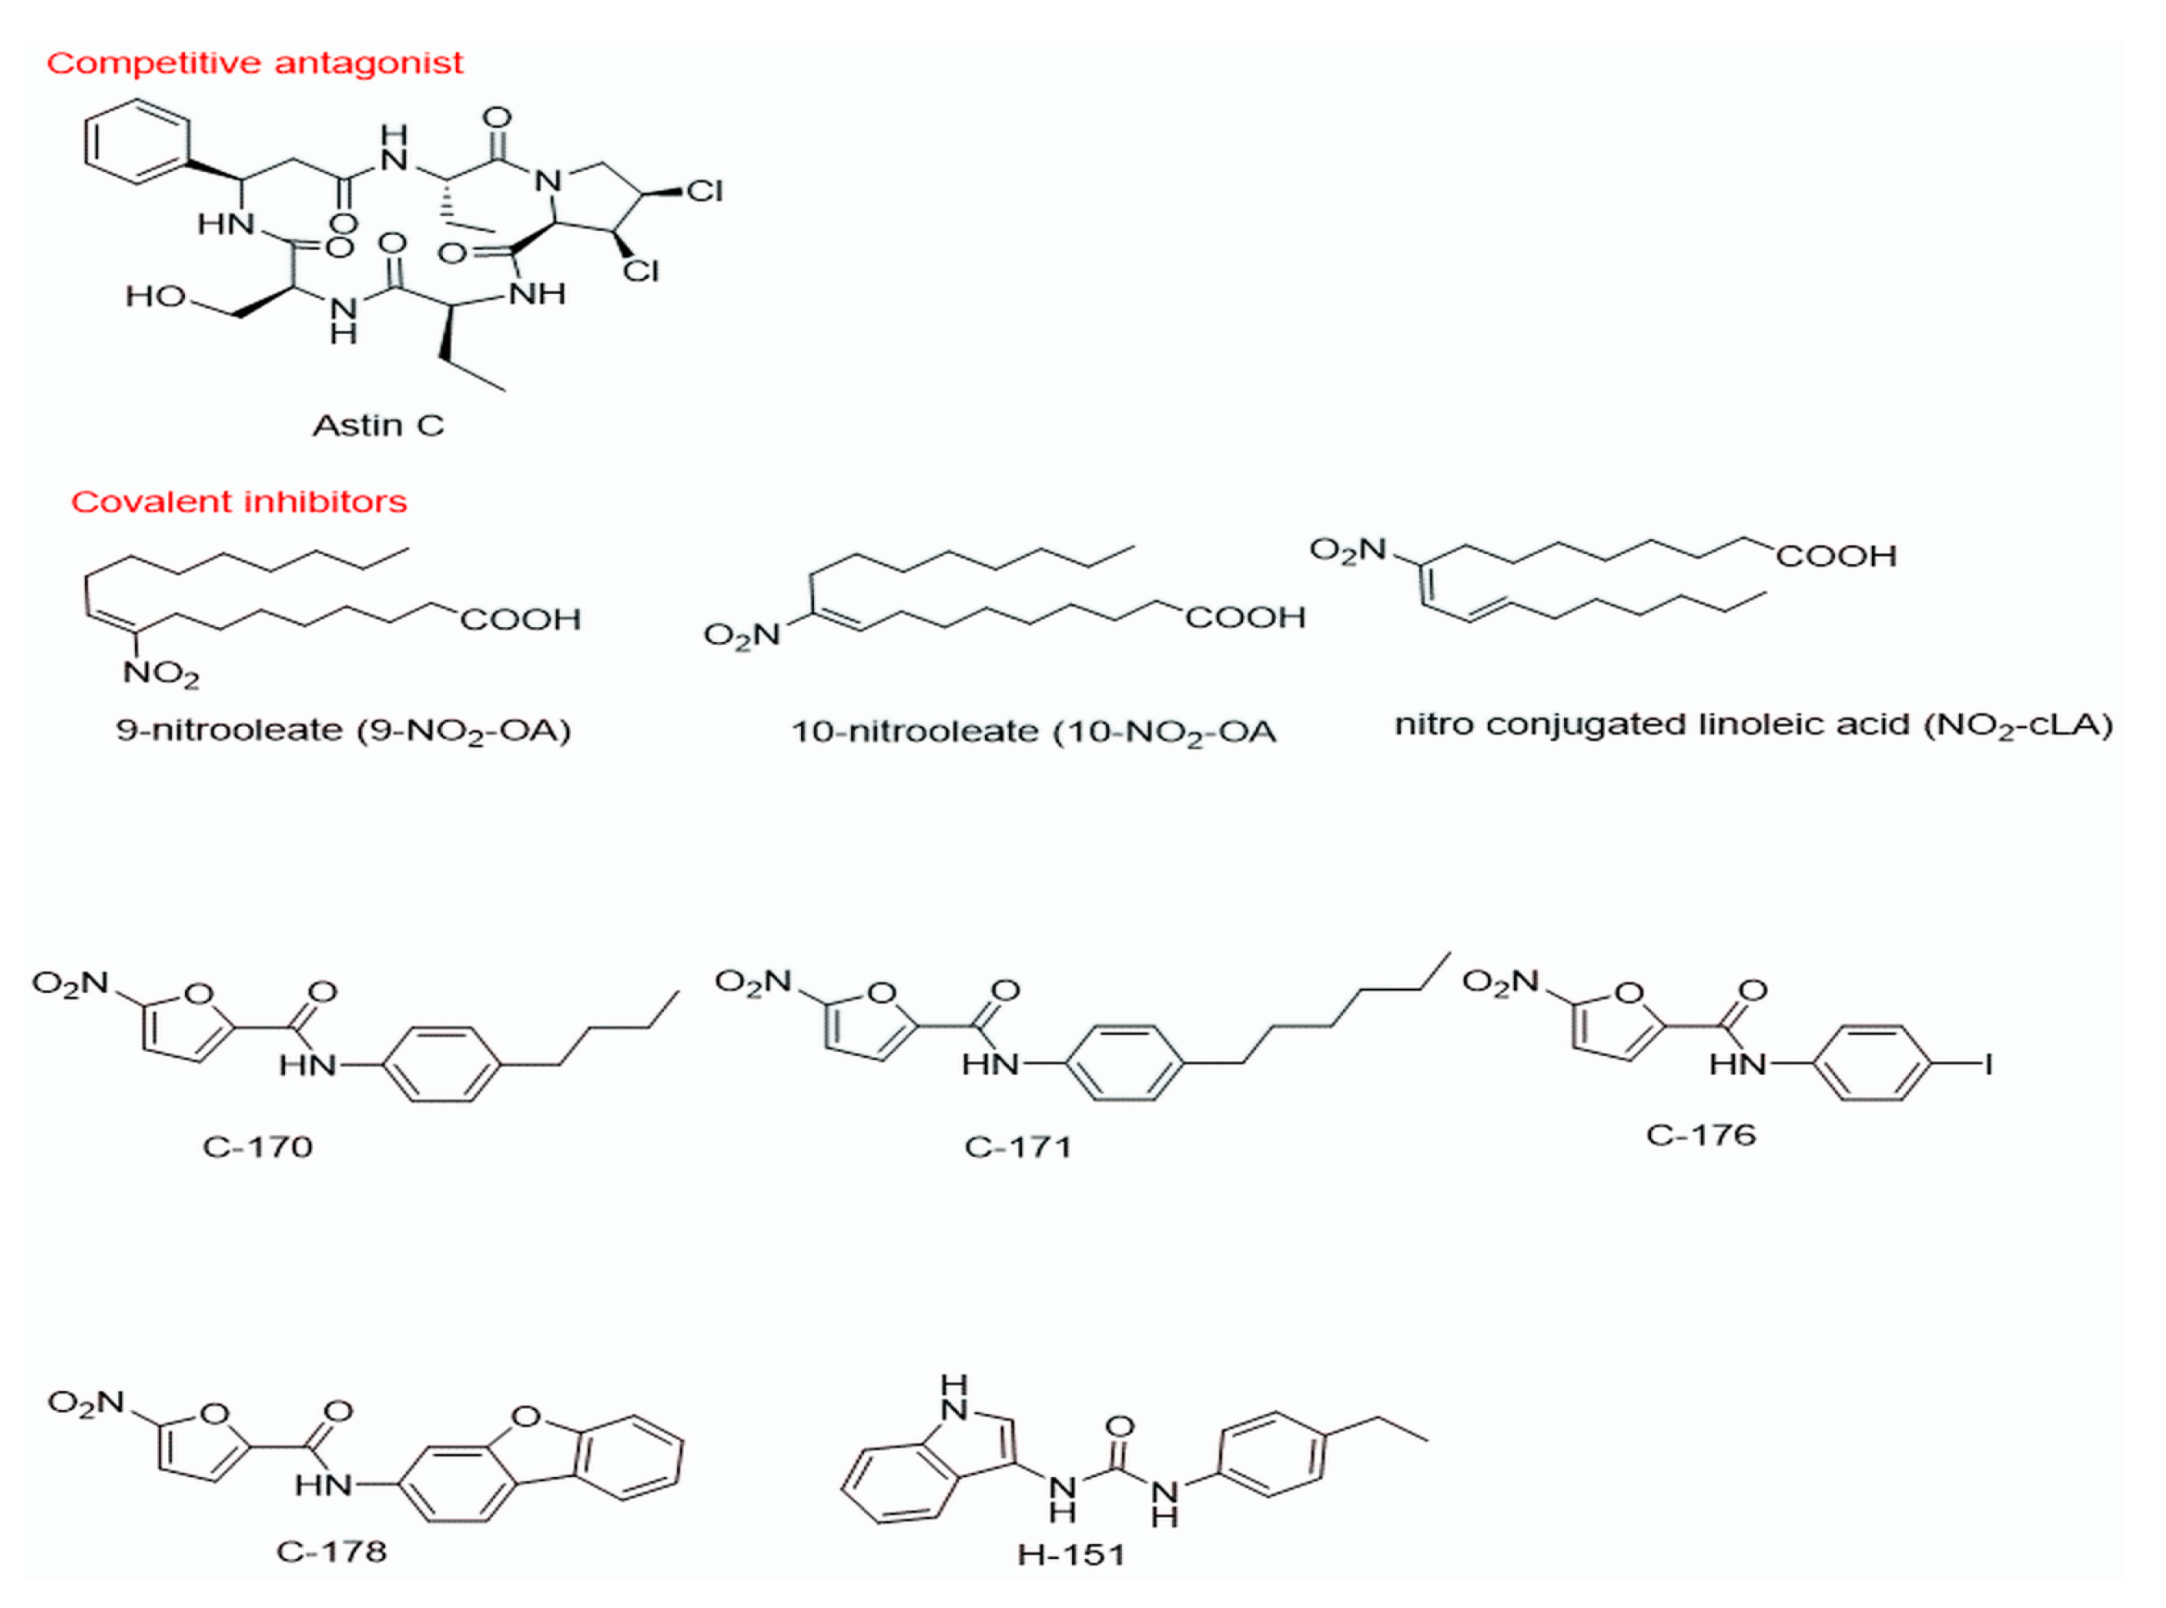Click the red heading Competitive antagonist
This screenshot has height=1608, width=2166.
[x=254, y=63]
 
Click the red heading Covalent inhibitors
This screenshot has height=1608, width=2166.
[x=238, y=502]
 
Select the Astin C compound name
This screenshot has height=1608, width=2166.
[x=378, y=426]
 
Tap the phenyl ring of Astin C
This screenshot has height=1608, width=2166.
[x=136, y=142]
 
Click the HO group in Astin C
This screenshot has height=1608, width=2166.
[x=156, y=296]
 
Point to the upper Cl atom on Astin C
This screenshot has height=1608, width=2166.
[x=703, y=192]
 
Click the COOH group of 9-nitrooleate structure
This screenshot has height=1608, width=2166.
[x=520, y=620]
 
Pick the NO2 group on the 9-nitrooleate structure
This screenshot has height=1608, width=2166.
[x=161, y=674]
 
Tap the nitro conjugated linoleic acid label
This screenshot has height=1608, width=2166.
[x=1752, y=725]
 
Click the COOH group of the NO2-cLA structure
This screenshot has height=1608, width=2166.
[x=1836, y=556]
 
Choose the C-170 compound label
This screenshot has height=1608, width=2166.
[x=257, y=1146]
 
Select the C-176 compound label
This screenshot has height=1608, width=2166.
[x=1700, y=1135]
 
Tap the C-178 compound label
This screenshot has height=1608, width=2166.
[x=331, y=1551]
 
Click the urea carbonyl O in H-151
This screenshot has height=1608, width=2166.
[x=1120, y=1427]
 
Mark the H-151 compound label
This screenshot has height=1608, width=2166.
[x=1071, y=1556]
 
